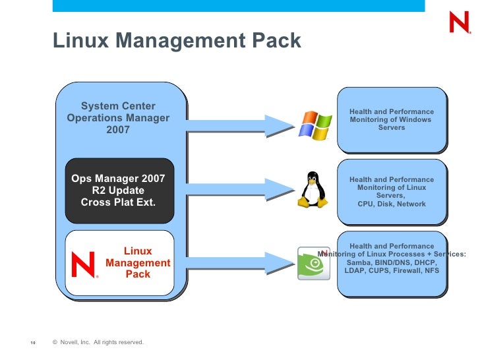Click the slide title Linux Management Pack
coord(177,41)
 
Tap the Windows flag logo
coord(315,124)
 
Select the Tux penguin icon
coord(313,191)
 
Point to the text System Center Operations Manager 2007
coord(118,118)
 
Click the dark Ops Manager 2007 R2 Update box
coord(119,191)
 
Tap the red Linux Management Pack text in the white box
coord(138,262)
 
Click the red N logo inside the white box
coord(84,265)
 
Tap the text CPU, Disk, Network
coord(392,204)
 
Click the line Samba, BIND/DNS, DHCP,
coord(392,262)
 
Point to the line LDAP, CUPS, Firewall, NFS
coord(392,270)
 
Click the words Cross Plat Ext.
coord(118,202)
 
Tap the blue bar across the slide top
coord(237,6)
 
